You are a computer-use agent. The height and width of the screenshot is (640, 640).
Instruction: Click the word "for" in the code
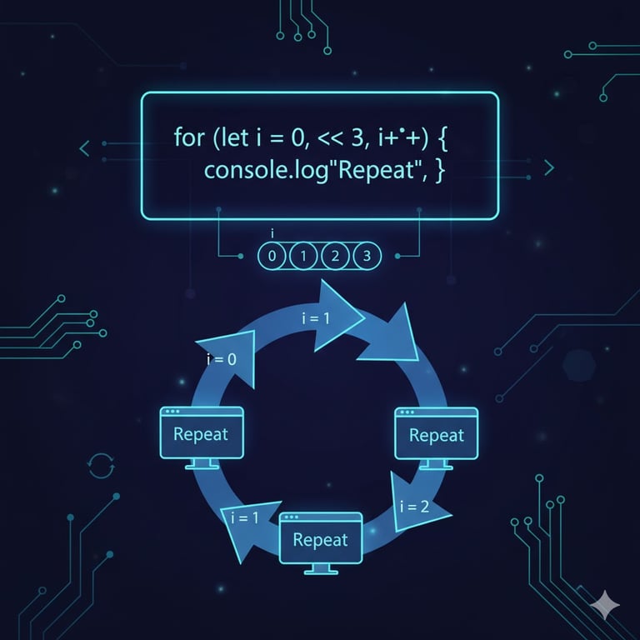pyautogui.click(x=189, y=137)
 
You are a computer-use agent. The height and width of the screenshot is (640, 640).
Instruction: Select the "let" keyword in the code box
pyautogui.click(x=227, y=137)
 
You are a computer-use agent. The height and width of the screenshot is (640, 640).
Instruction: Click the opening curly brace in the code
pyautogui.click(x=442, y=137)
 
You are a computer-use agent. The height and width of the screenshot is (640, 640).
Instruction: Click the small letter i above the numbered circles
pyautogui.click(x=272, y=236)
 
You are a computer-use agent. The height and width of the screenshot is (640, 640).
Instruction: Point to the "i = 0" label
pyautogui.click(x=220, y=359)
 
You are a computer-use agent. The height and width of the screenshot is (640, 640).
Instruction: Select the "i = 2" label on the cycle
pyautogui.click(x=414, y=506)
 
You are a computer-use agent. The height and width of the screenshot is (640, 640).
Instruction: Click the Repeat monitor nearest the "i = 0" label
pyautogui.click(x=200, y=435)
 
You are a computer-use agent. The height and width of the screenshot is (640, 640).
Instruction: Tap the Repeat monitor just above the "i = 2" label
pyautogui.click(x=436, y=435)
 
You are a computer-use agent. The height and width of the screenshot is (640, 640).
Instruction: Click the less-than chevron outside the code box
pyautogui.click(x=83, y=150)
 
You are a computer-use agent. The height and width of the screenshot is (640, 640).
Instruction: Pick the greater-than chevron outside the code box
pyautogui.click(x=548, y=168)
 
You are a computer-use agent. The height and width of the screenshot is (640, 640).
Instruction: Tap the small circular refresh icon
pyautogui.click(x=100, y=464)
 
